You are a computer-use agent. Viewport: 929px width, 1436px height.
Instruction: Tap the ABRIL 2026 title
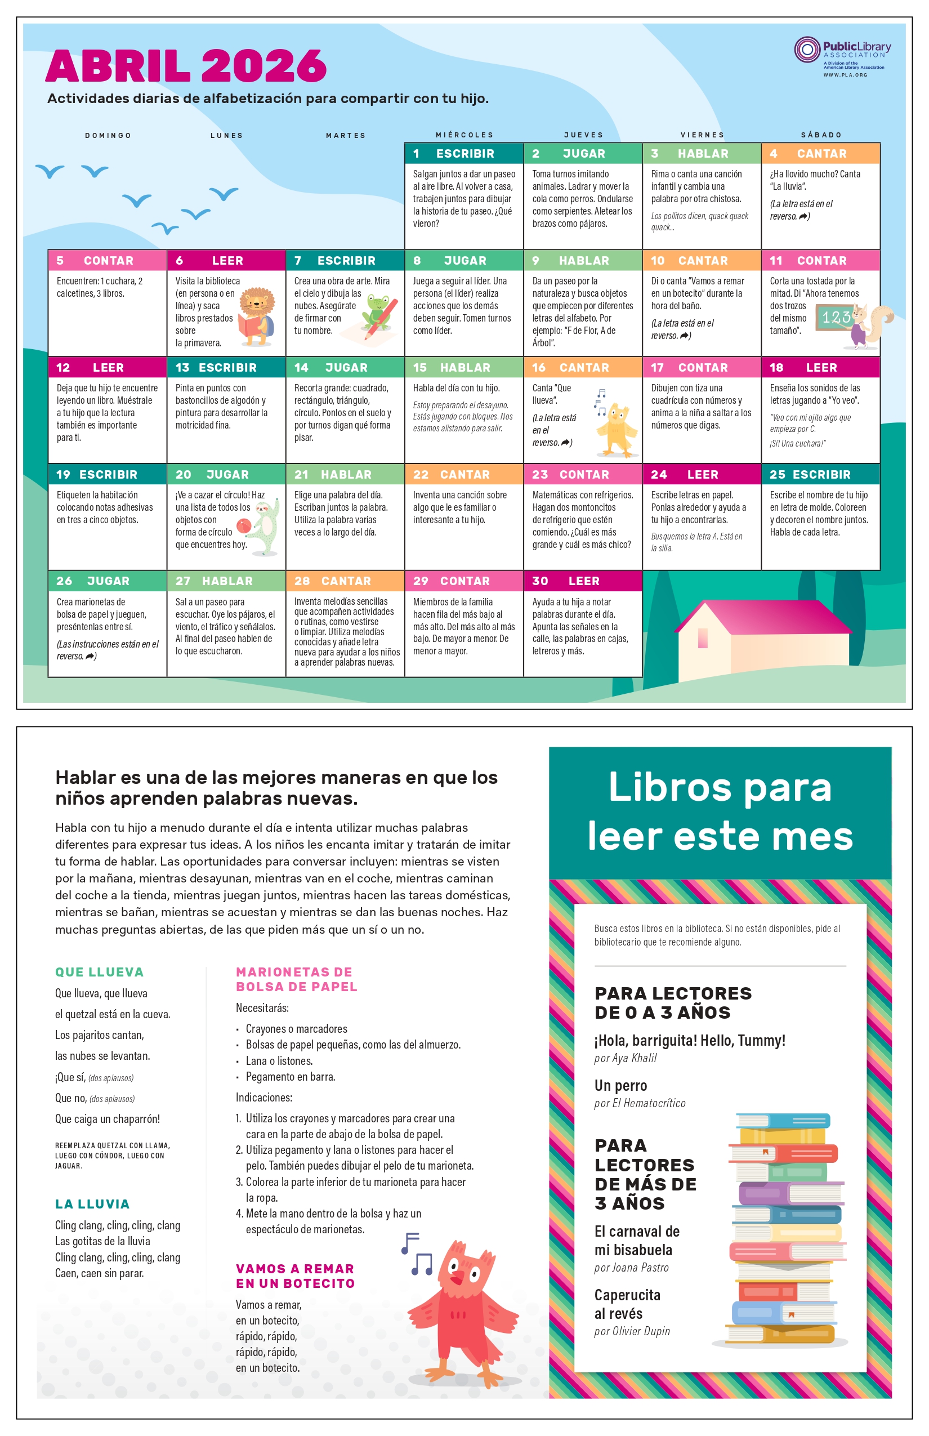[186, 66]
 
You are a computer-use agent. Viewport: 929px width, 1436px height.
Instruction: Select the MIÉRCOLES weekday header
[464, 135]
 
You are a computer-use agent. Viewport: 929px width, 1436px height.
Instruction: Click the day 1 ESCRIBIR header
[464, 154]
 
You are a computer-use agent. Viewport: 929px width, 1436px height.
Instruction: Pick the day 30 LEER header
[583, 581]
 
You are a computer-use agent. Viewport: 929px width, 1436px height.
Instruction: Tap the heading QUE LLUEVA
[100, 972]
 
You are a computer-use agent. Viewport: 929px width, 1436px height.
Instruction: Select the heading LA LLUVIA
[92, 1204]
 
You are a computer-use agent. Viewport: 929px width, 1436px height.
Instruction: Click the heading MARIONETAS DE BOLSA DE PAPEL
[296, 979]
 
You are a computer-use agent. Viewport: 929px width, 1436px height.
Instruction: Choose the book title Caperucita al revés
[627, 1304]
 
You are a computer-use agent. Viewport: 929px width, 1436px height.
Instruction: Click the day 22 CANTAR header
[464, 475]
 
